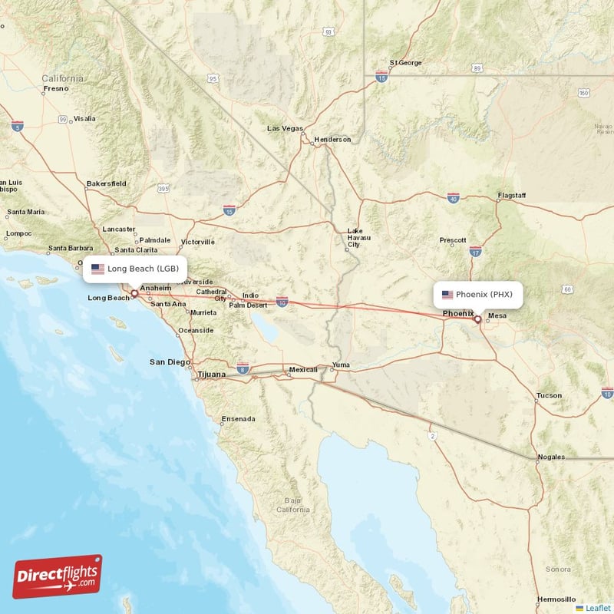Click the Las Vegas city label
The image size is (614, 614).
[x=285, y=128]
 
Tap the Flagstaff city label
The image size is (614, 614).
[x=511, y=196]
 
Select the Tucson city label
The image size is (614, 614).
[x=549, y=395]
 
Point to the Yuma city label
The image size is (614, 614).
[x=340, y=365]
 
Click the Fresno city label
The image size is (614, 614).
[x=56, y=88]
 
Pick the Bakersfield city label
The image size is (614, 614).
[x=107, y=184]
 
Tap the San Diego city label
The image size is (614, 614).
[x=168, y=361]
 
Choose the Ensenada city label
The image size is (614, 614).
[x=238, y=419]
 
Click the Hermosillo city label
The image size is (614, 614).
[x=556, y=599]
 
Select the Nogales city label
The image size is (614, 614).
[x=551, y=457]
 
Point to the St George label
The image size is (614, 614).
[x=406, y=63]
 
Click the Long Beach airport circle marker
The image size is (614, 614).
[x=134, y=292]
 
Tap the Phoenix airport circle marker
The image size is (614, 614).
[x=477, y=319]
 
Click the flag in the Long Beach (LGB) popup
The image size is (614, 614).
[x=97, y=269]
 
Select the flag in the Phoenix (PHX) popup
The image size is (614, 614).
[x=447, y=294]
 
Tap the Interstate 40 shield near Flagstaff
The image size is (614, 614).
[x=454, y=197]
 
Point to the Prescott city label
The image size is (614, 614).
[x=453, y=240]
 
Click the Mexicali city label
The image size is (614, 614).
[x=303, y=370]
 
